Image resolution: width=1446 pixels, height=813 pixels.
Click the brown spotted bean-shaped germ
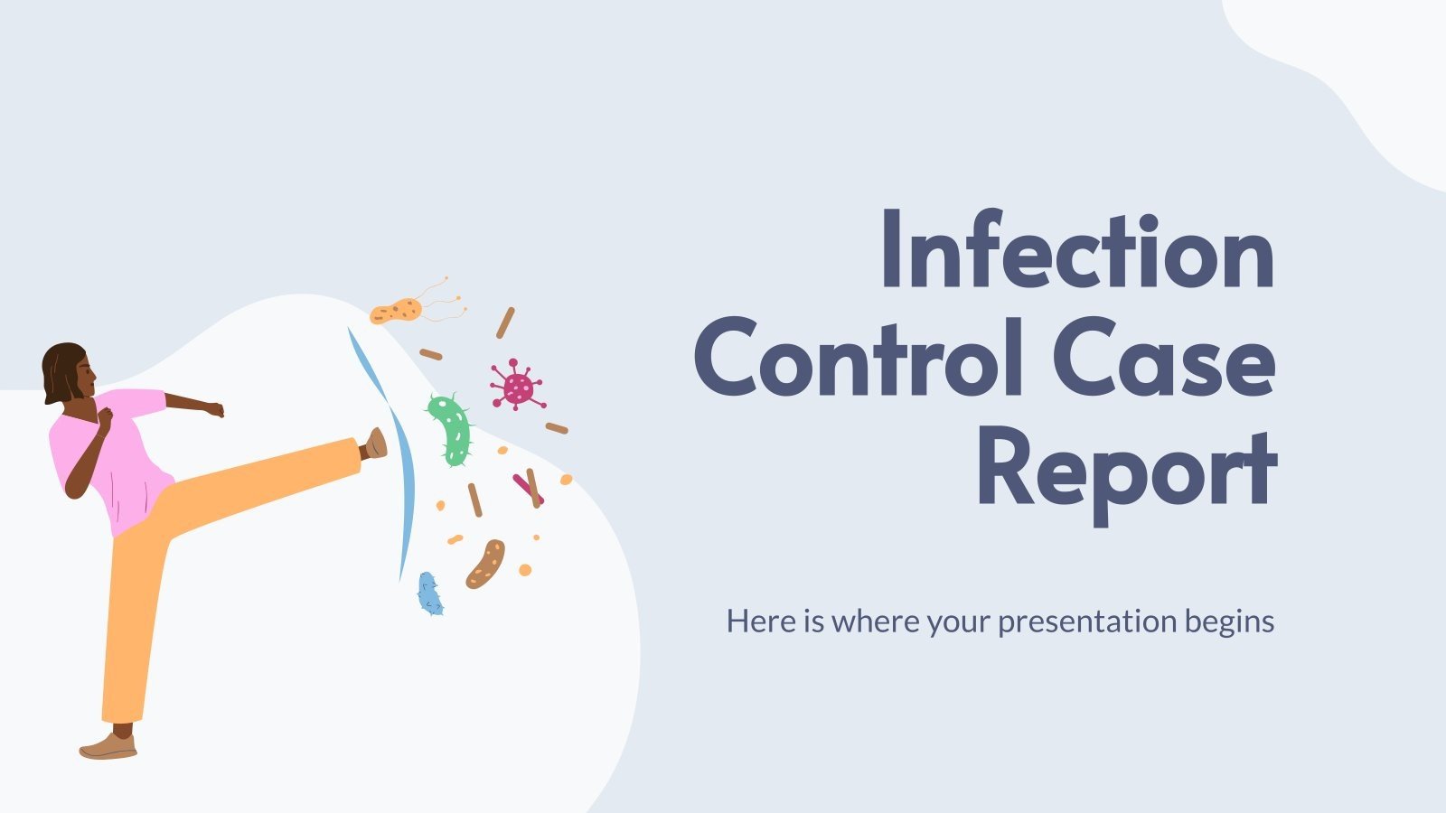(485, 564)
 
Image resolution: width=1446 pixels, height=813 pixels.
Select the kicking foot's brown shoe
(375, 444)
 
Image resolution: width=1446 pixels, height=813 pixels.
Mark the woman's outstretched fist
(215, 409)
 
